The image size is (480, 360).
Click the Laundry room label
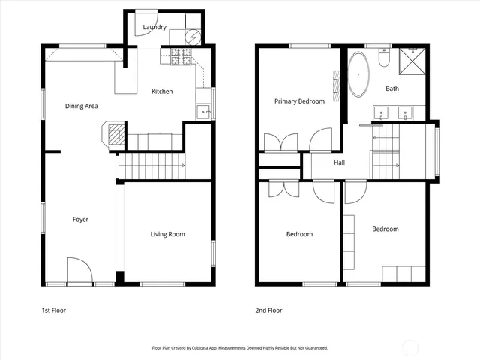coord(144,28)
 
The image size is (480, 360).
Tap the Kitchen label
coord(162,91)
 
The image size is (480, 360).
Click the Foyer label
coord(80,220)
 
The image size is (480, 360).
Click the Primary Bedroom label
coord(299,100)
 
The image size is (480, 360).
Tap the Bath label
coord(392,88)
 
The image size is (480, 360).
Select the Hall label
coord(340,163)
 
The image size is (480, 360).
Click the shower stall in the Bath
coord(412,60)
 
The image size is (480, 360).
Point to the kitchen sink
coord(202,112)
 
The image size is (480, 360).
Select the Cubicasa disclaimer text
coord(240,348)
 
